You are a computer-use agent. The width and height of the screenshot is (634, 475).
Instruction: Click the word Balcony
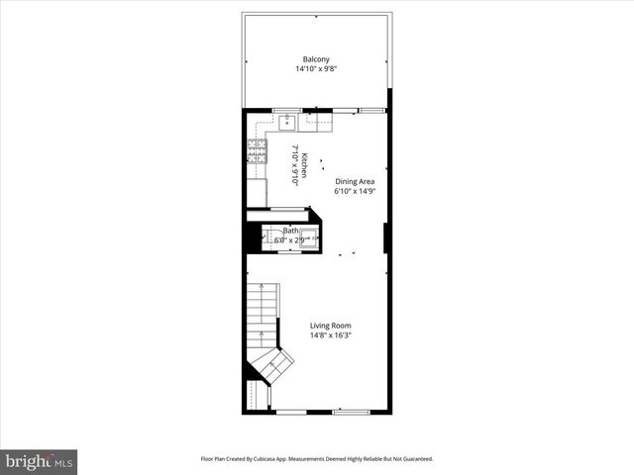[x=316, y=58]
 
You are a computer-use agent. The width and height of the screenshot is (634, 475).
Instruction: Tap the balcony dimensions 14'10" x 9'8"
[x=316, y=69]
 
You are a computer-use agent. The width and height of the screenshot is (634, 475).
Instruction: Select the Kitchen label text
[x=305, y=164]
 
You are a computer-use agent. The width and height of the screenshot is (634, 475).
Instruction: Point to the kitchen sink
[x=286, y=122]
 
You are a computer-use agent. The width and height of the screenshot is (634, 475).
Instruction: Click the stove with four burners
[x=256, y=150]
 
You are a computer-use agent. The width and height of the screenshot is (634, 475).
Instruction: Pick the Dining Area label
[x=354, y=181]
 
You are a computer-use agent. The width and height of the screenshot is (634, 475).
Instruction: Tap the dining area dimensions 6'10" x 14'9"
[x=354, y=192]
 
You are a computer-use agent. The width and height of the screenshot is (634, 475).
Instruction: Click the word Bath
[x=289, y=231]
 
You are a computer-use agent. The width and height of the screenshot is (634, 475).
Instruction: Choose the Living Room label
[x=330, y=326]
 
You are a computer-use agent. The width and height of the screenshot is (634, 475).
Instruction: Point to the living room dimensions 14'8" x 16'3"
[x=330, y=336]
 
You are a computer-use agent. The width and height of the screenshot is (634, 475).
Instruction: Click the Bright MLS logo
[x=39, y=461]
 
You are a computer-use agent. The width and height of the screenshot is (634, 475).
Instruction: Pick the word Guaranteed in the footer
[x=414, y=459]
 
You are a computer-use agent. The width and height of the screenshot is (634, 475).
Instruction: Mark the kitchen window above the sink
[x=287, y=109]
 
